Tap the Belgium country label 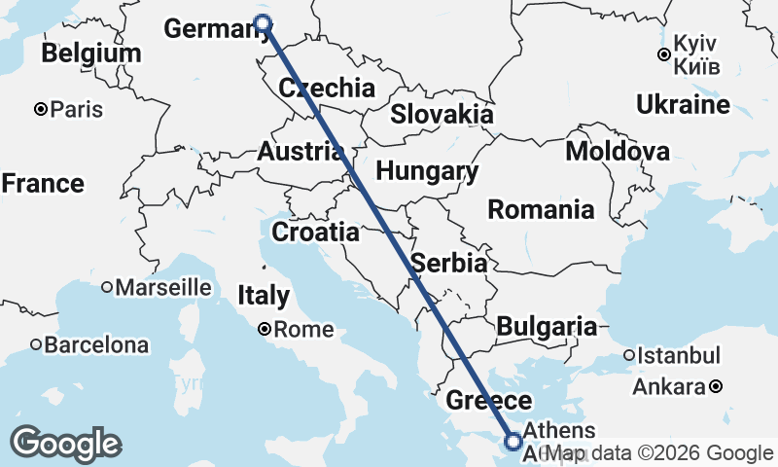click(91, 54)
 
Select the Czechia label click(327, 89)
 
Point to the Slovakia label click(442, 114)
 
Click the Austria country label click(300, 152)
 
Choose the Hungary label click(427, 172)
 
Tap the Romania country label click(541, 208)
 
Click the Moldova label click(618, 152)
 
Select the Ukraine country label click(684, 105)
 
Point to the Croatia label click(315, 233)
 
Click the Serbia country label click(448, 263)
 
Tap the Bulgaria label click(547, 327)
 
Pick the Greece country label click(488, 401)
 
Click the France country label click(43, 183)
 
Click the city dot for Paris click(41, 109)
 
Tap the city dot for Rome click(264, 330)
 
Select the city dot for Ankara click(716, 386)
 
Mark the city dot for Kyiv click(663, 54)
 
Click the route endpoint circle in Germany click(261, 22)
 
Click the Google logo click(66, 444)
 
